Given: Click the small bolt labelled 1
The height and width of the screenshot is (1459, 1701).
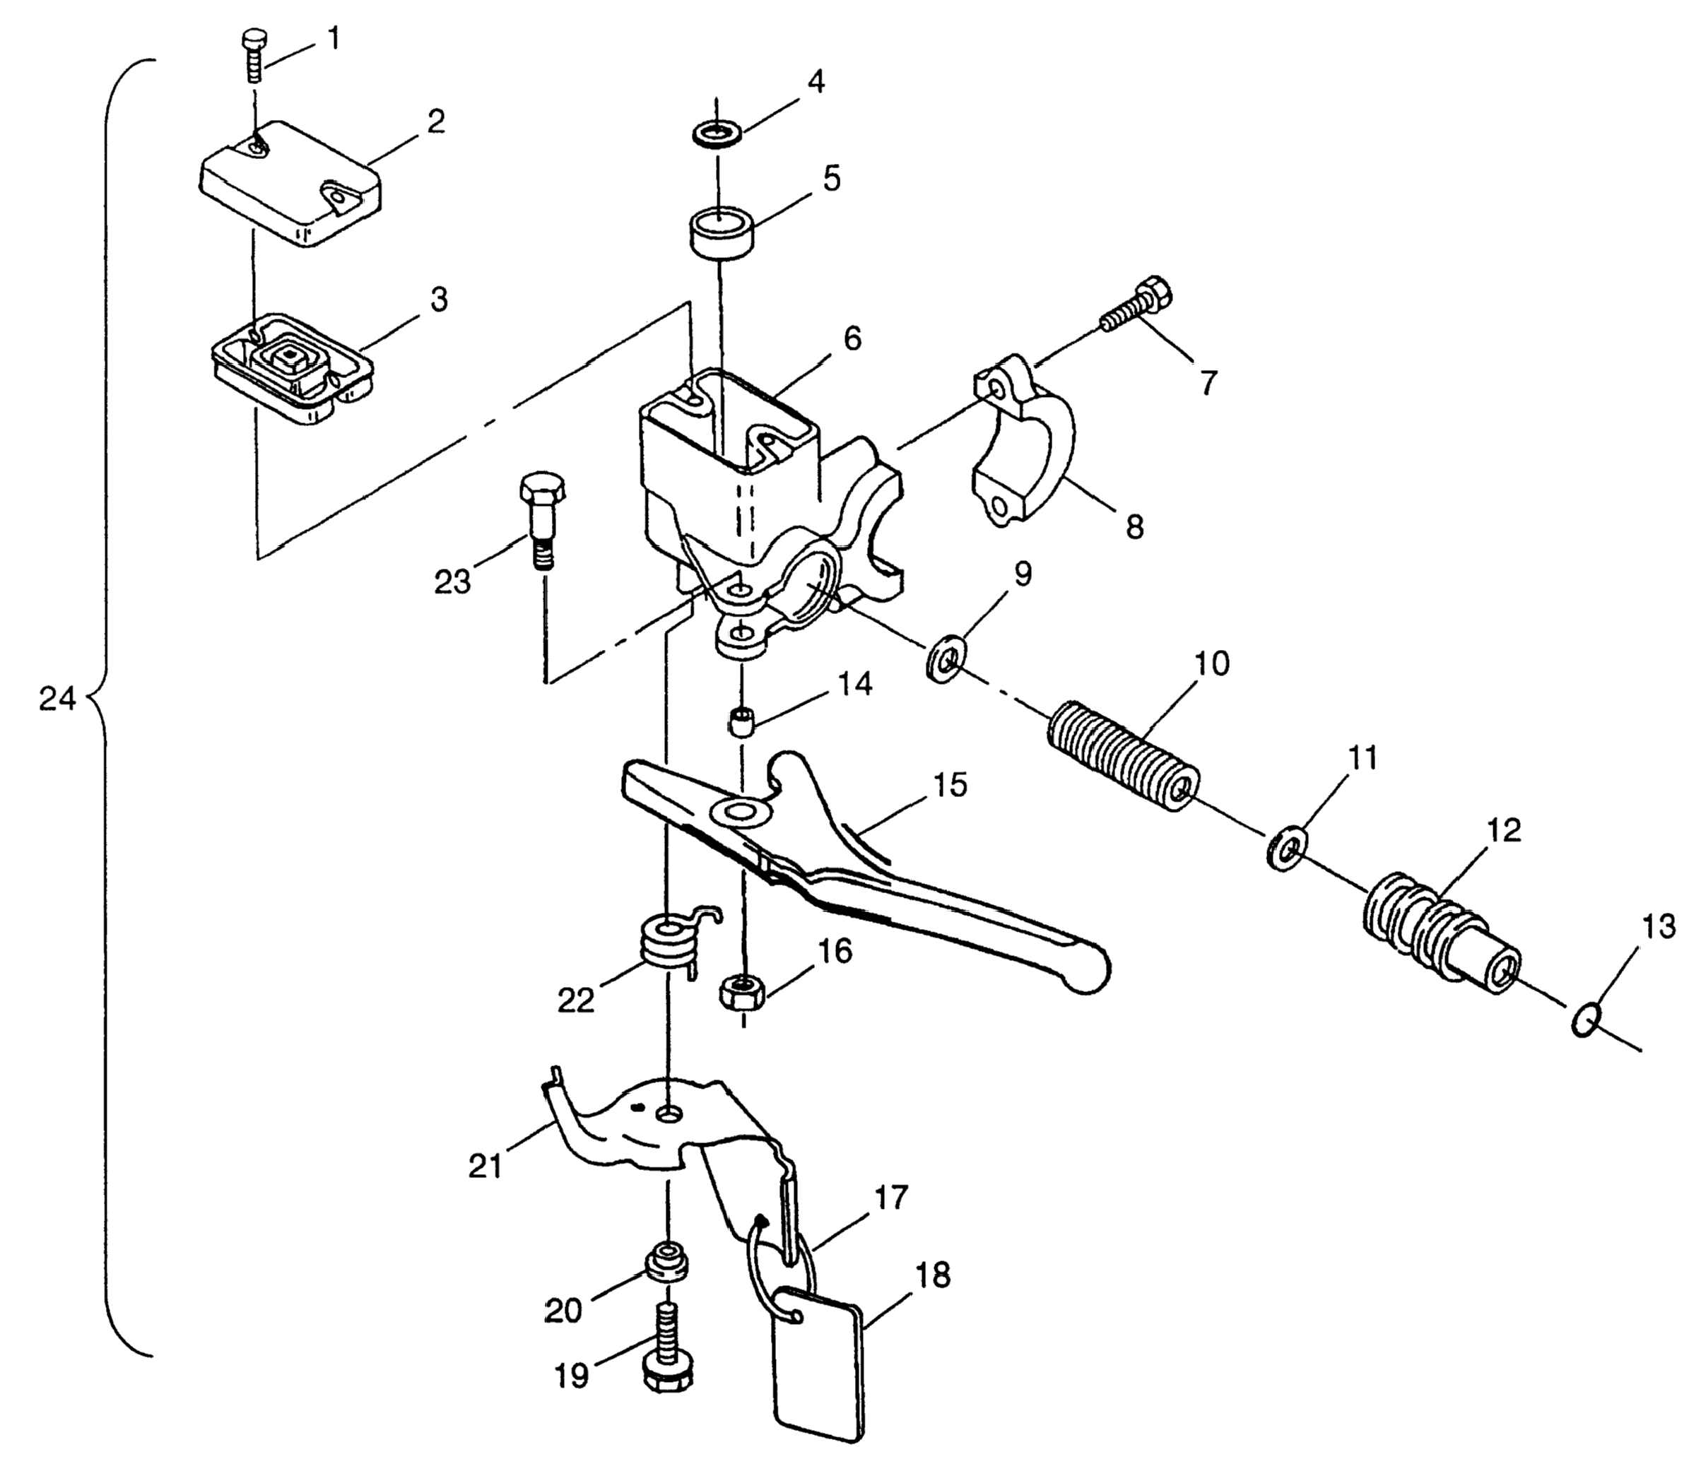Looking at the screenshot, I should coord(254,57).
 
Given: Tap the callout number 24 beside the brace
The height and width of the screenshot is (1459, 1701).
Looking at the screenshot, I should coord(57,699).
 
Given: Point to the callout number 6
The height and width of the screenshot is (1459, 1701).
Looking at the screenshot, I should coord(852,338).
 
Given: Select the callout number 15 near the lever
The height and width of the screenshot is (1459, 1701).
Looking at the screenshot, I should coord(950,785).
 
